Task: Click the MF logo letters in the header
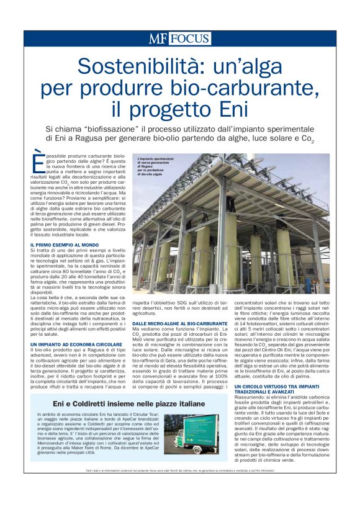tap(158, 38)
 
